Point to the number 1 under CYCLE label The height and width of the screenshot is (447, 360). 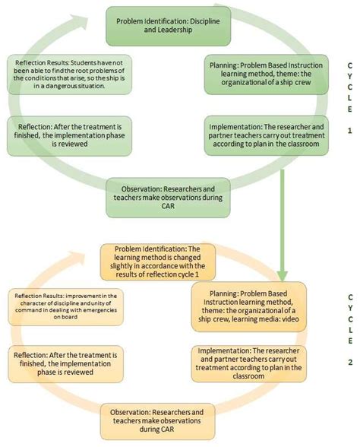click(349, 130)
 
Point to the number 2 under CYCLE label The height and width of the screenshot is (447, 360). click(349, 363)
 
